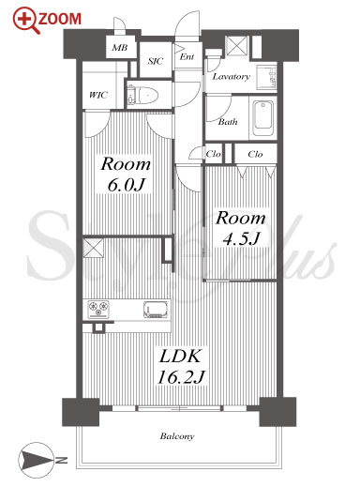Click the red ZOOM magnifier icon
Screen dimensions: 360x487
point(26,21)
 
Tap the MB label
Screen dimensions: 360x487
point(120,48)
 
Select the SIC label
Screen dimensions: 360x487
point(156,61)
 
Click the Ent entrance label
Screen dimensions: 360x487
point(187,56)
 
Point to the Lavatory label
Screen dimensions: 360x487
point(232,77)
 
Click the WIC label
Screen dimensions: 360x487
point(98,95)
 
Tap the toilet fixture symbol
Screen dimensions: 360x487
point(143,94)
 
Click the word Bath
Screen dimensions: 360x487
point(228,122)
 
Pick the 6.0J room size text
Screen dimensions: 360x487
point(126,185)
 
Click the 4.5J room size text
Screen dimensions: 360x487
point(241,239)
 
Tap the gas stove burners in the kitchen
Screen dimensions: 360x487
point(98,309)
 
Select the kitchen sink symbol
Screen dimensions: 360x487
point(156,309)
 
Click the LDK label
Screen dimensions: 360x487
point(180,356)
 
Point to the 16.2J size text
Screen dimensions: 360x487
point(181,377)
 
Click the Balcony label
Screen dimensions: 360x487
point(177,436)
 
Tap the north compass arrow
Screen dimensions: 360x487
point(36,460)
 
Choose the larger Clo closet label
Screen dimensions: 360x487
point(255,154)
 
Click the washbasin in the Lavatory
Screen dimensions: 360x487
point(266,77)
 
